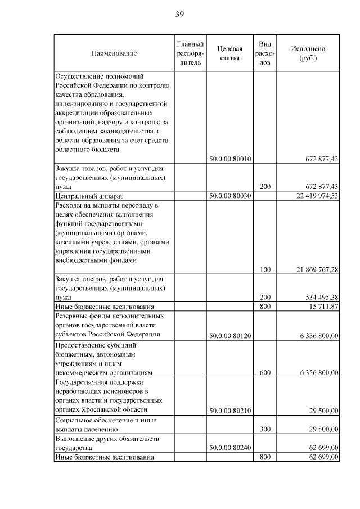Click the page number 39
179,14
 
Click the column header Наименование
114,53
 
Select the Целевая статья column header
229,53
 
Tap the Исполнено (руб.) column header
308,53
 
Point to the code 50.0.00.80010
229,159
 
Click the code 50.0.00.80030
229,196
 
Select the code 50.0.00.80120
229,336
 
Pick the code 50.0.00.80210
229,411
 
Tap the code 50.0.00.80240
229,448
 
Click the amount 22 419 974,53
317,196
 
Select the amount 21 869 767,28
317,270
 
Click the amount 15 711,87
321,307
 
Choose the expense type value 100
265,270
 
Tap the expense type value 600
265,372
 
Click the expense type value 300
265,430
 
